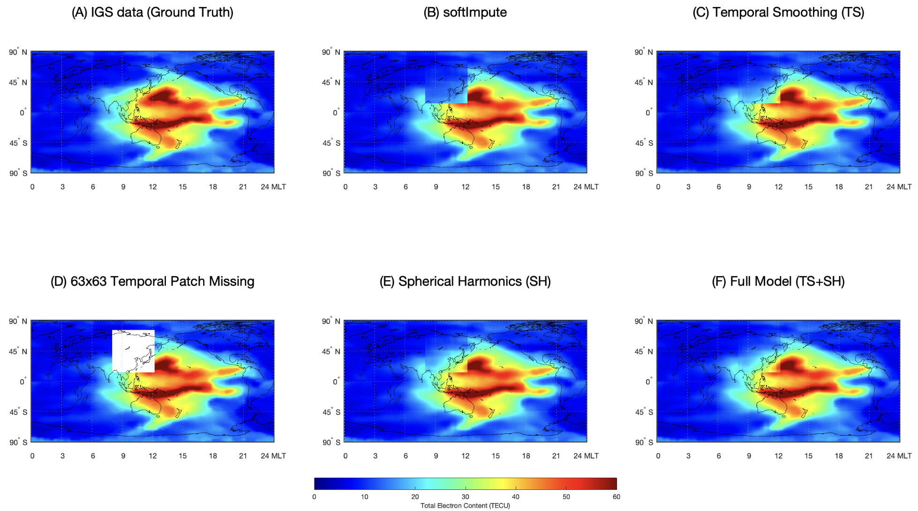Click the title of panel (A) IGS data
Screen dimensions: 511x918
pyautogui.click(x=152, y=12)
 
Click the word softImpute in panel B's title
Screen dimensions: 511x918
pyautogui.click(x=474, y=12)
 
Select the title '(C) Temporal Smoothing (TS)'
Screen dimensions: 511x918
pyautogui.click(x=778, y=12)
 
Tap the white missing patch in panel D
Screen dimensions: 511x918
pyautogui.click(x=133, y=351)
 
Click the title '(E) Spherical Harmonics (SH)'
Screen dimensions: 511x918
pyautogui.click(x=465, y=281)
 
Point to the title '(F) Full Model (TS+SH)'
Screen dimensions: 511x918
pyautogui.click(x=778, y=281)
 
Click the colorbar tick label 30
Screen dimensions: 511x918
pyautogui.click(x=465, y=497)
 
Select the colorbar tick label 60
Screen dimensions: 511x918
pyautogui.click(x=616, y=497)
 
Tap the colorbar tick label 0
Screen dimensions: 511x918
pyautogui.click(x=314, y=497)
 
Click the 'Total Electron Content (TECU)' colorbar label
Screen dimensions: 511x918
pyautogui.click(x=465, y=506)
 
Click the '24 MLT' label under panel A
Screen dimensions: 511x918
pyautogui.click(x=273, y=187)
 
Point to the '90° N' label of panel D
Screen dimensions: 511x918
pyautogui.click(x=18, y=321)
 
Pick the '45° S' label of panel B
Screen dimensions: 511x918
pyautogui.click(x=331, y=143)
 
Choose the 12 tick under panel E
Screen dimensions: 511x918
pyautogui.click(x=465, y=456)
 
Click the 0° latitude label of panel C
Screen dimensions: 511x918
pyautogui.click(x=648, y=113)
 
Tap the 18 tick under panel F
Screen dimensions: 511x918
pyautogui.click(x=839, y=456)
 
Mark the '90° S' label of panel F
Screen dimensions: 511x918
pyautogui.click(x=644, y=442)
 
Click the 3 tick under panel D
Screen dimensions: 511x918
pyautogui.click(x=62, y=456)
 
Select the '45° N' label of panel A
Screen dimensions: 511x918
pyautogui.click(x=18, y=83)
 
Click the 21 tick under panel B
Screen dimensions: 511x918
pyautogui.click(x=556, y=187)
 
